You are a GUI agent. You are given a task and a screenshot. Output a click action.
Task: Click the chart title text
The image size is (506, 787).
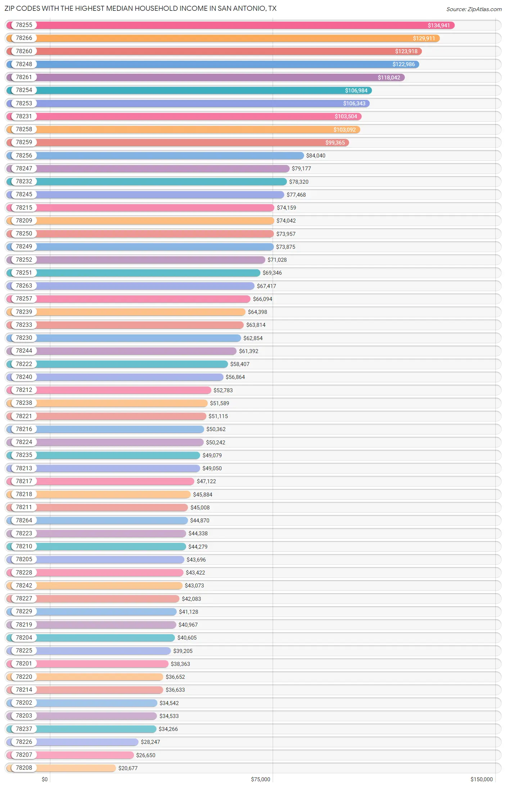[140, 8]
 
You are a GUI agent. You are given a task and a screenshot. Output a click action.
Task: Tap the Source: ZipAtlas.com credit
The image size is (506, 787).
[474, 9]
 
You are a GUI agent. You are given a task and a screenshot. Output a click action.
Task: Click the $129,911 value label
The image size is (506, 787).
[424, 38]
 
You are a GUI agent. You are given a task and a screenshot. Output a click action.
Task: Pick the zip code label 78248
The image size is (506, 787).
[24, 64]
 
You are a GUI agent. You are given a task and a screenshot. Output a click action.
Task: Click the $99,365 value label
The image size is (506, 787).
[335, 143]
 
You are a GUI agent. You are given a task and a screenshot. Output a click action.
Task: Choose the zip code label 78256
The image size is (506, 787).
[24, 155]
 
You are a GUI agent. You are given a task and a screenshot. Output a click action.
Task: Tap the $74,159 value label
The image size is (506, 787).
[286, 208]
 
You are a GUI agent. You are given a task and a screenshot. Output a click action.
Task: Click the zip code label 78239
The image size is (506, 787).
[24, 312]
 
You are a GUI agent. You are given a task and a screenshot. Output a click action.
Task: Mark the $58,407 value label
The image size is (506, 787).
[240, 364]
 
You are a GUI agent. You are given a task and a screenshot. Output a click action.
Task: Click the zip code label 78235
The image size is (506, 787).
[24, 455]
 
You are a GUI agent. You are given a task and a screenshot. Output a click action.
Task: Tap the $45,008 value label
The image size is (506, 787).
[200, 507]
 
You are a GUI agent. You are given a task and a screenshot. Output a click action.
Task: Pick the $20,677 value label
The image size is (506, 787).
[128, 768]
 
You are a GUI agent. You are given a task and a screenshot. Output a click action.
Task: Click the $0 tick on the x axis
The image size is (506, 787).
[45, 779]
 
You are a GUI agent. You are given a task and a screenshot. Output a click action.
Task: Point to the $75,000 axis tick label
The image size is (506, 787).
[261, 779]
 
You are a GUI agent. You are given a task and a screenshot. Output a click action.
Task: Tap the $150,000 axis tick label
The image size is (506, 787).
[481, 779]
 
